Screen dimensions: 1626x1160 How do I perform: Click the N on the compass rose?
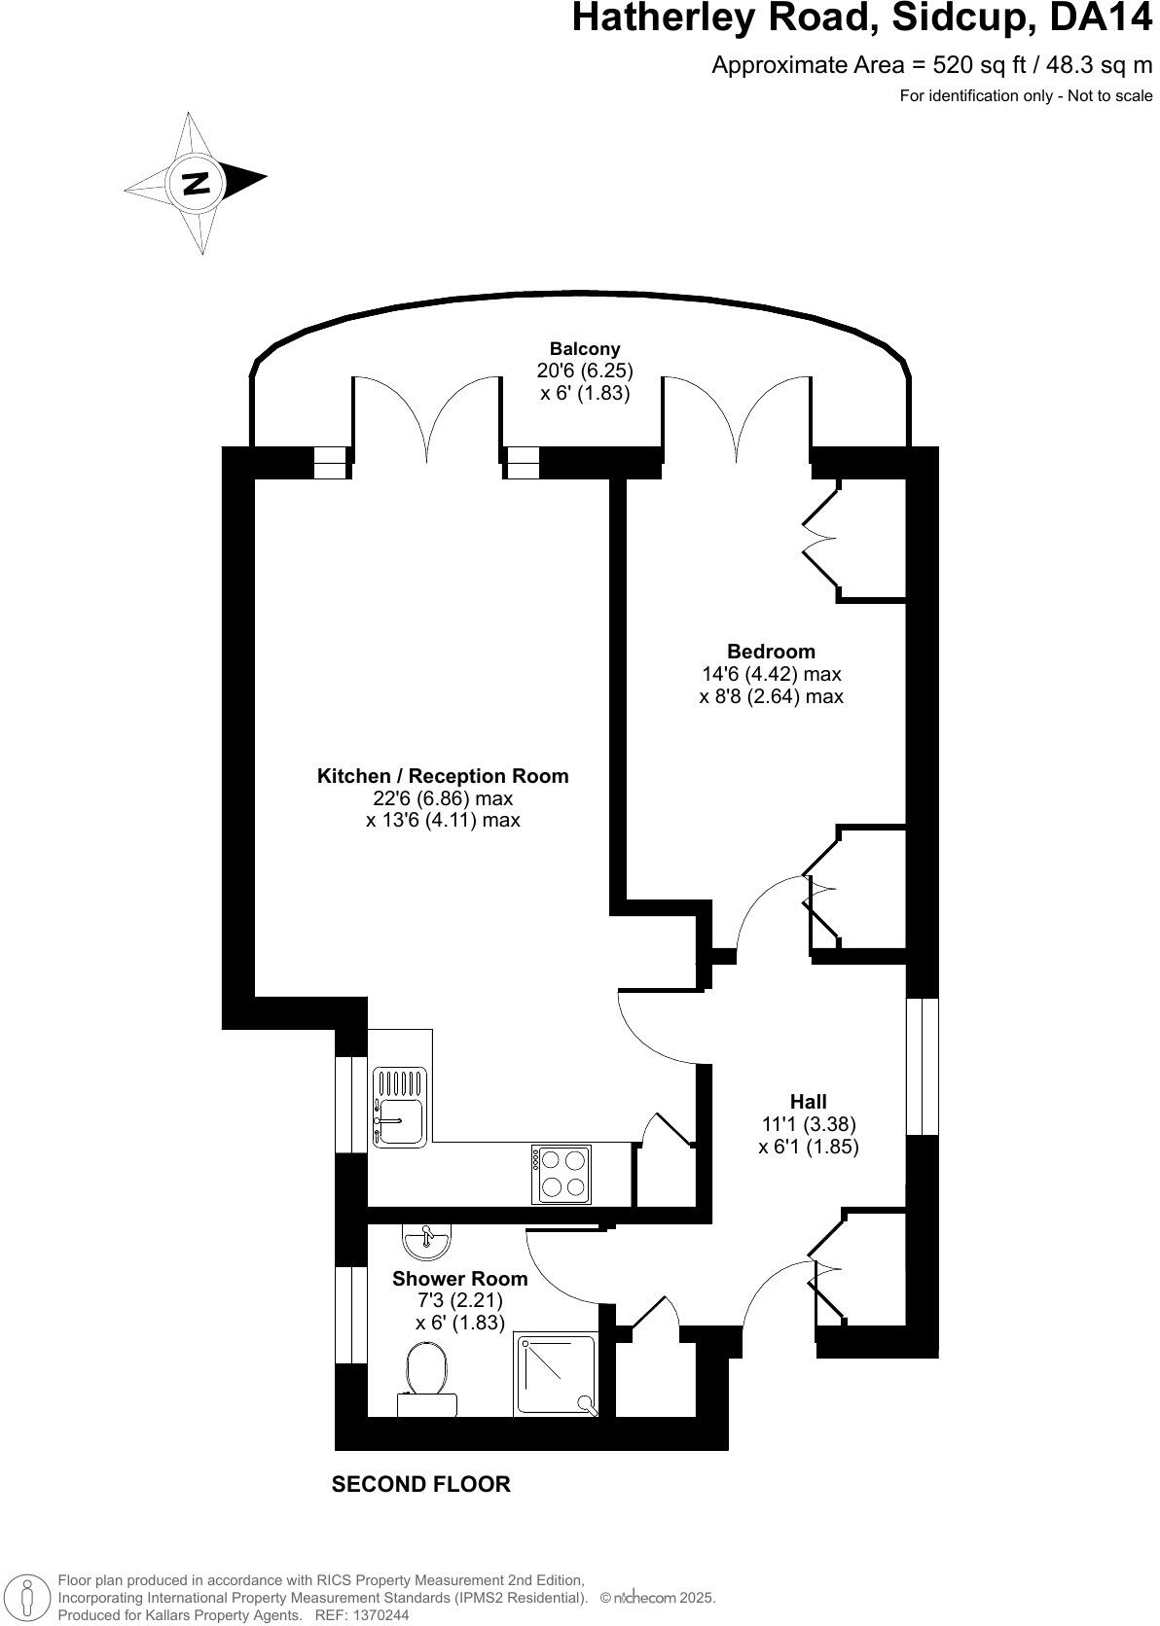coord(197,182)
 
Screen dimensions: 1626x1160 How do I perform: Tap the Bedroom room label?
coord(771,652)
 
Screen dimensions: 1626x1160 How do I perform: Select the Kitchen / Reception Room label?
coord(443,776)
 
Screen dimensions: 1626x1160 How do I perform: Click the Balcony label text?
coord(584,349)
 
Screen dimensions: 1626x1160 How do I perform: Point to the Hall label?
coord(808,1101)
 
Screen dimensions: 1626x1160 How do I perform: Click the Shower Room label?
coord(459,1279)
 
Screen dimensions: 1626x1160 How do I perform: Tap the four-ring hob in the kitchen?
coord(562,1174)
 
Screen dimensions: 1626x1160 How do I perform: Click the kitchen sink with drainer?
coord(399,1107)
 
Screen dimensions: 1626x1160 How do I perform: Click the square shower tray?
coord(556,1373)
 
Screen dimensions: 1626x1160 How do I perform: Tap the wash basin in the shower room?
coord(425,1239)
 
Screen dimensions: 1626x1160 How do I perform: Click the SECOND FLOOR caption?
coord(420,1484)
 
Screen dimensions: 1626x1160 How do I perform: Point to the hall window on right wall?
coord(922,1066)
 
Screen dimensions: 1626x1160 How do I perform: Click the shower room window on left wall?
coord(344,1314)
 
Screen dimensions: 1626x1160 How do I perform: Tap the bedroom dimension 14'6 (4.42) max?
coord(771,674)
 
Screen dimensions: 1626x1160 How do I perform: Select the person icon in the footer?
coord(27,1597)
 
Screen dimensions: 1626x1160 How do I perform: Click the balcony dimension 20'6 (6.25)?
coord(584,371)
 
